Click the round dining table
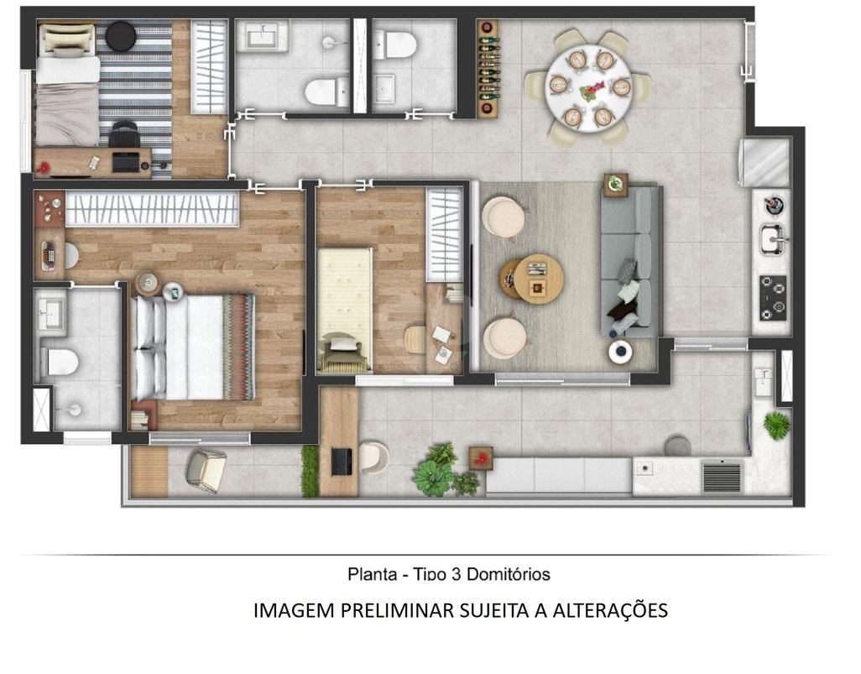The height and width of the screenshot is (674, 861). (588, 88)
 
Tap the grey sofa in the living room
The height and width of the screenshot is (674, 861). (630, 262)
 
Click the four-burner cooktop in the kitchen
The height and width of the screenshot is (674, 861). (773, 298)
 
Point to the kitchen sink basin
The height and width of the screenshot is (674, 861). (774, 238)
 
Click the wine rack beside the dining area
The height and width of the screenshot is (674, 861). (488, 68)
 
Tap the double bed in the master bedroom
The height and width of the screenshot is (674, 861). (193, 347)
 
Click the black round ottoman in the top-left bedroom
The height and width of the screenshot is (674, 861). (120, 36)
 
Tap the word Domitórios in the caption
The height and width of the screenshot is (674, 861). (509, 574)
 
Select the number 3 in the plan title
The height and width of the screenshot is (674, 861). (455, 574)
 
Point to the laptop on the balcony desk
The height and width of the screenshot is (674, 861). (342, 462)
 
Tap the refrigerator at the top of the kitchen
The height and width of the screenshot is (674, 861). (764, 162)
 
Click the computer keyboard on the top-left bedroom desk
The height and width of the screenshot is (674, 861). (126, 162)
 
